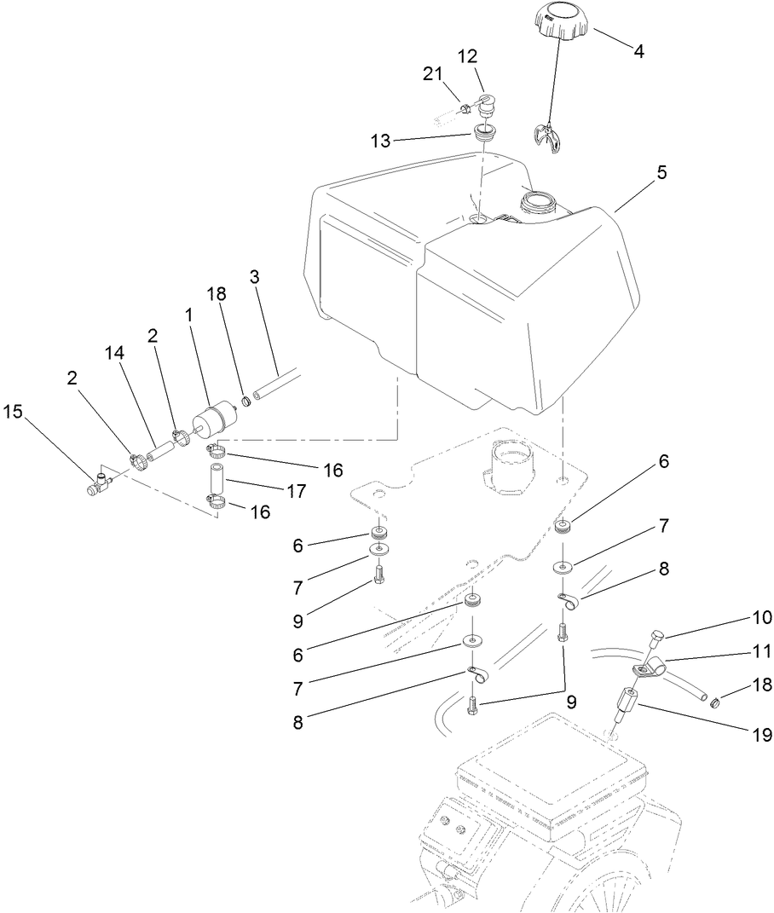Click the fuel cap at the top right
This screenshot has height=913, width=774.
click(x=559, y=20)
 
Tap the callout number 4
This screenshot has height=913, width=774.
click(x=638, y=49)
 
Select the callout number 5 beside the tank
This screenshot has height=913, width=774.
click(x=662, y=172)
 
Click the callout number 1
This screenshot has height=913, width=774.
click(x=188, y=315)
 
